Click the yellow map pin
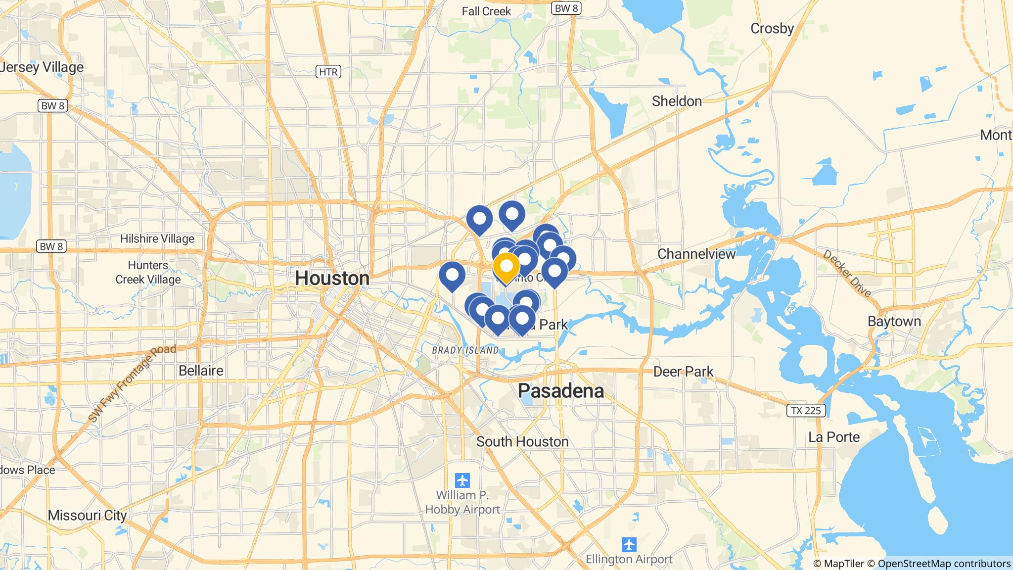(506, 267)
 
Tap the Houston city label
(332, 278)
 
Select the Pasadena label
(560, 391)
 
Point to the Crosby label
(772, 29)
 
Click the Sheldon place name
(676, 101)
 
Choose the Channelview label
(696, 254)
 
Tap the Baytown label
(894, 321)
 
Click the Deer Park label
(683, 372)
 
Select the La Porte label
(834, 437)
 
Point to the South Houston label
(522, 441)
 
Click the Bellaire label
(201, 370)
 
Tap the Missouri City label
(87, 515)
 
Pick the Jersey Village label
(42, 67)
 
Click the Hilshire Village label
(157, 239)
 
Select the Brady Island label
(465, 350)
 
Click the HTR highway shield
(328, 72)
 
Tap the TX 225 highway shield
(806, 410)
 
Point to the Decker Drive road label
(847, 273)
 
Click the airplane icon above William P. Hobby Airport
(462, 480)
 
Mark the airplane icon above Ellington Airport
(629, 545)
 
